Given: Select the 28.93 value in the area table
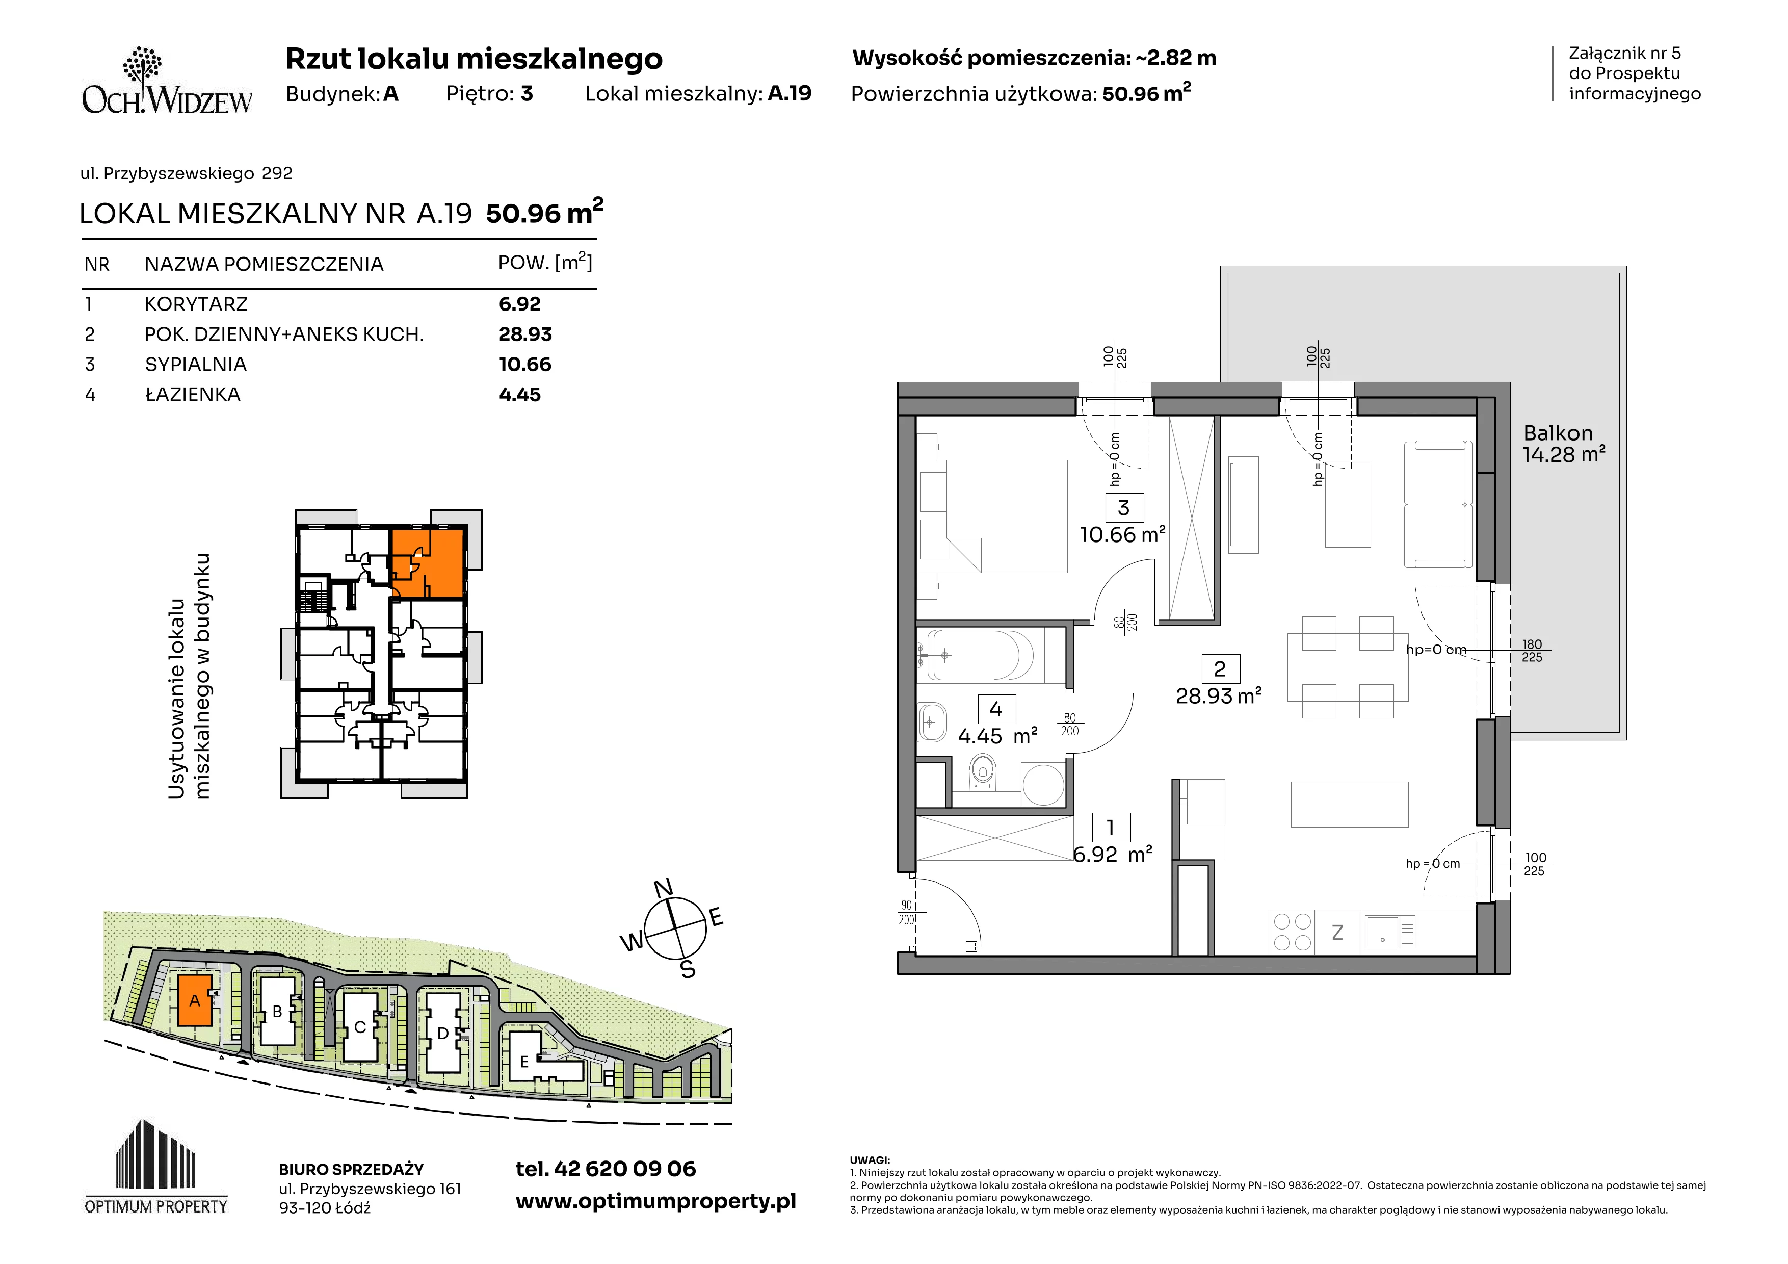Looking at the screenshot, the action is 525,334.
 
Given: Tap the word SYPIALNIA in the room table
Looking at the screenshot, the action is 195,365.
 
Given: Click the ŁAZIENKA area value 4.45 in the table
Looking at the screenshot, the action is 519,395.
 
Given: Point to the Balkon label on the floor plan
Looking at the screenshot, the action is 1558,433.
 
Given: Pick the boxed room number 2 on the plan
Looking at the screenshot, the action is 1220,668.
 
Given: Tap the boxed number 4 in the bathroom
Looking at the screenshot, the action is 996,709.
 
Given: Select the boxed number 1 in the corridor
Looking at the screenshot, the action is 1111,827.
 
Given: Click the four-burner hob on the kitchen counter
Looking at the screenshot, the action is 1292,932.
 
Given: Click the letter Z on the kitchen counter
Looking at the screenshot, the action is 1337,932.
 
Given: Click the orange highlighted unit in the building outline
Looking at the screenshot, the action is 428,562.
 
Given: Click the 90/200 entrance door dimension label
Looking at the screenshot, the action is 906,913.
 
